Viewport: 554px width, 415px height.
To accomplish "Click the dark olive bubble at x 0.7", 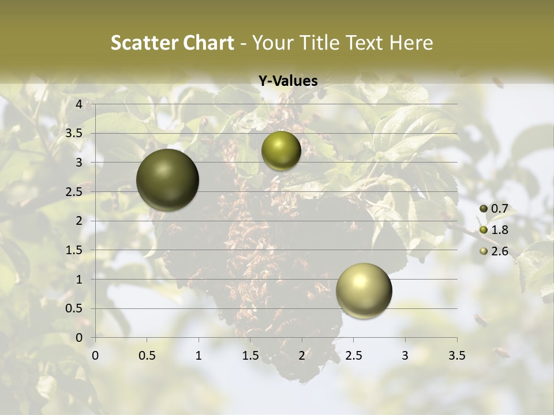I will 167,180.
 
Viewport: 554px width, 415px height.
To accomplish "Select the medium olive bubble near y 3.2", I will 281,150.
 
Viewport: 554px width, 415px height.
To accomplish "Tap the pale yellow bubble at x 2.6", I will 364,290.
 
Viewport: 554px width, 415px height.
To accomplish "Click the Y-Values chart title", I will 288,81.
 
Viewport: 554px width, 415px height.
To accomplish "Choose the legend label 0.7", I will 499,209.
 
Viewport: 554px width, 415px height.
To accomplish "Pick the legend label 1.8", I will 499,230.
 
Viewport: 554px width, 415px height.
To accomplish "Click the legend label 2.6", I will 499,251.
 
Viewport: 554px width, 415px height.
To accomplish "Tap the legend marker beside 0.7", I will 484,209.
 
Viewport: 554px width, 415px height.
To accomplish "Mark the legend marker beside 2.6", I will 484,251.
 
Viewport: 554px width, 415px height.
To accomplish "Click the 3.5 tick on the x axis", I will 456,356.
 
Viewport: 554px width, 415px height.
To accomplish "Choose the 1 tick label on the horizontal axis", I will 199,356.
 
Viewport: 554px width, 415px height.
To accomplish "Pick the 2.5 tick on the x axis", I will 353,356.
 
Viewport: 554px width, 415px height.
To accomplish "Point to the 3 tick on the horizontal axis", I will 405,356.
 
